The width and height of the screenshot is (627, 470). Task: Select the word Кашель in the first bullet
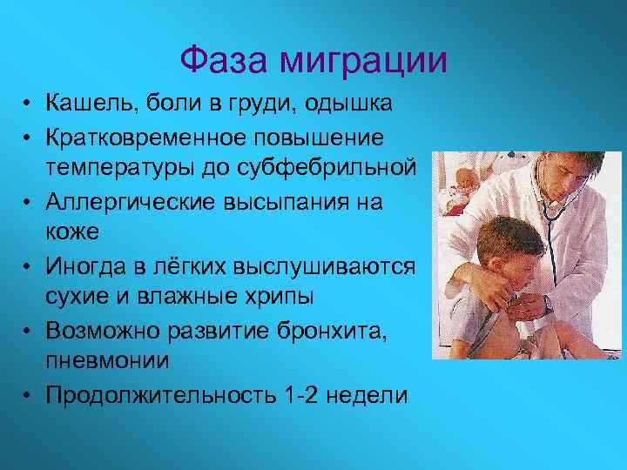[x=93, y=104]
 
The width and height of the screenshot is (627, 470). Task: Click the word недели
[x=369, y=394]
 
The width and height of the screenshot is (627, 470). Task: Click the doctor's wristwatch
[x=547, y=305]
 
